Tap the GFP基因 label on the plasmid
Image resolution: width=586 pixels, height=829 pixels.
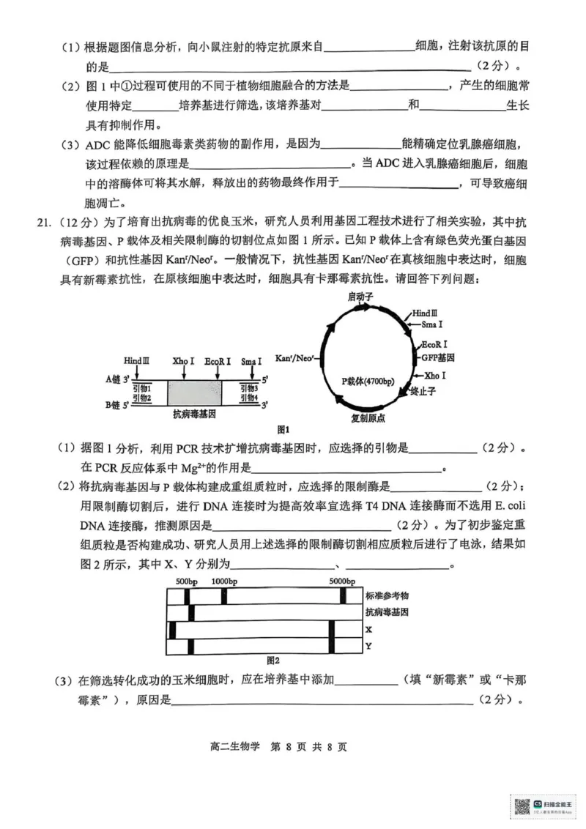(437, 357)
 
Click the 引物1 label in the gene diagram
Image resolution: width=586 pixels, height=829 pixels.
(142, 387)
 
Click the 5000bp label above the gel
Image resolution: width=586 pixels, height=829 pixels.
(342, 581)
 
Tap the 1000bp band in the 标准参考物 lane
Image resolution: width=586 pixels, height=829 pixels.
(223, 595)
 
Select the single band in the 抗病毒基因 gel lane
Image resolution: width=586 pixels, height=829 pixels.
(187, 612)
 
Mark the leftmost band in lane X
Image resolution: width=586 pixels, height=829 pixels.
(173, 629)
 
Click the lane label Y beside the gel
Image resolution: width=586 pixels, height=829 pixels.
(368, 646)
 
